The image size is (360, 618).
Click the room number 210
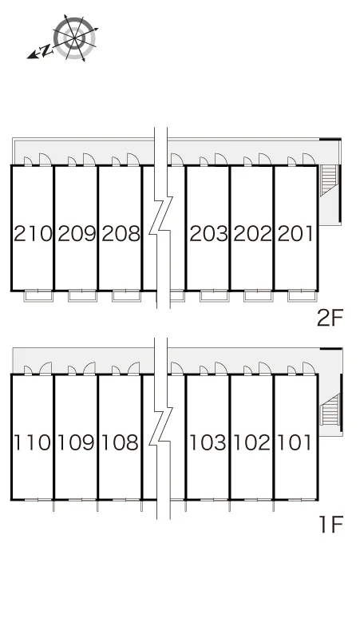click(x=33, y=233)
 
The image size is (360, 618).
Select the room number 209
click(x=77, y=233)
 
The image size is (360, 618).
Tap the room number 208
click(x=121, y=233)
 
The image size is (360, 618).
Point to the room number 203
click(x=209, y=233)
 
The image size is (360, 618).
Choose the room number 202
click(x=252, y=233)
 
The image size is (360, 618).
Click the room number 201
click(x=296, y=233)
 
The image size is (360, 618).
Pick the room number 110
click(x=32, y=442)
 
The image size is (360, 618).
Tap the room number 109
click(x=77, y=442)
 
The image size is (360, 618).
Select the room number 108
click(x=121, y=442)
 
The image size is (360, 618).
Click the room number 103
click(x=208, y=442)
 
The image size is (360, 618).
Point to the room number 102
click(x=252, y=442)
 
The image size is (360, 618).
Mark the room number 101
click(x=295, y=442)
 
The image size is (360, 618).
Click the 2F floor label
click(x=330, y=318)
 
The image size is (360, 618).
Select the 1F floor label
click(x=331, y=525)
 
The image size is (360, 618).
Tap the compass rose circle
click(x=75, y=38)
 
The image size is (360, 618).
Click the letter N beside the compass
click(x=46, y=50)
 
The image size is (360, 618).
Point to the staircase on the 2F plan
click(x=330, y=180)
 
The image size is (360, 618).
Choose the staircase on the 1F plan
click(x=330, y=410)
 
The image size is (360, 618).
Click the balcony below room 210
click(x=38, y=295)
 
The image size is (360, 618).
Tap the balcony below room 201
click(x=302, y=295)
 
